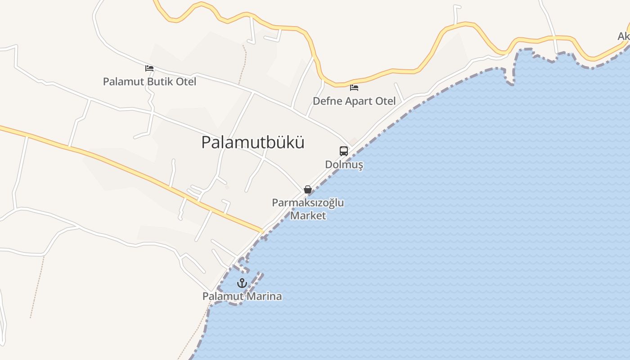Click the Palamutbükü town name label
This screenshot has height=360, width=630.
(x=252, y=142)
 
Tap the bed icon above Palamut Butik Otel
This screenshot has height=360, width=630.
(x=149, y=68)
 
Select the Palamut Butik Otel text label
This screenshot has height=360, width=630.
(x=149, y=82)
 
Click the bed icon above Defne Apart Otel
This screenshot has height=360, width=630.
(x=354, y=87)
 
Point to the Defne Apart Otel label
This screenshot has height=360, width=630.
(x=354, y=101)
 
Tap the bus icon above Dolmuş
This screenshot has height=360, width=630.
(x=344, y=151)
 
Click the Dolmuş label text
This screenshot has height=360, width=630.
(x=344, y=165)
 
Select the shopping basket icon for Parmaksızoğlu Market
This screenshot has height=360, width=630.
(x=308, y=189)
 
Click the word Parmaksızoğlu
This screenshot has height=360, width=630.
(x=308, y=202)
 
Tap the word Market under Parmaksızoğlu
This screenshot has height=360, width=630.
(x=308, y=216)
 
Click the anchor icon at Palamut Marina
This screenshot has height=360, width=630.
(x=242, y=283)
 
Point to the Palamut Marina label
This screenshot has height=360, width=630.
(x=242, y=297)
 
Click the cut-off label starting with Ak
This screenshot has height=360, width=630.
(x=624, y=36)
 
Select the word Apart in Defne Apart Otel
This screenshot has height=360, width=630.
(x=359, y=101)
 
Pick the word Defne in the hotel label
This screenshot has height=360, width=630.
(x=327, y=101)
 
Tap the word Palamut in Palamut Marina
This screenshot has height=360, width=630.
(x=222, y=297)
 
